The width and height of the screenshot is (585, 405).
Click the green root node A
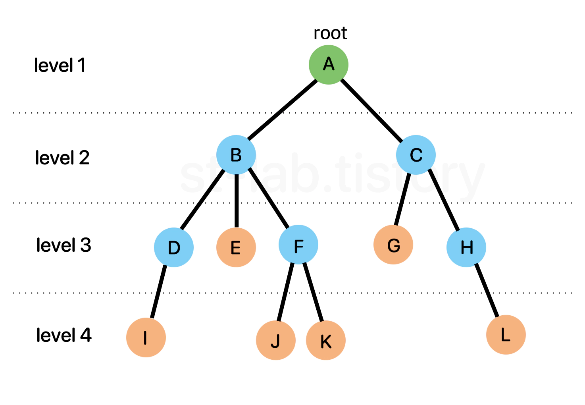coord(328,65)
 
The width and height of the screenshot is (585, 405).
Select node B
coord(236,155)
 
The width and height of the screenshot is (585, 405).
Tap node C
coord(416,155)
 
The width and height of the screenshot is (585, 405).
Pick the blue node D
coord(174,247)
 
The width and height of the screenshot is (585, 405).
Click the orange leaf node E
coord(236,247)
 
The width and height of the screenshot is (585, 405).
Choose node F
coord(298,245)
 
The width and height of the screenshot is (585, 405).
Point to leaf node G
coord(393,245)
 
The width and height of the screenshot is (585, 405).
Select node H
coord(466,247)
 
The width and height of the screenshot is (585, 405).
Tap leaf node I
coord(146,337)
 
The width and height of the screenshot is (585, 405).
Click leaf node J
coord(276,340)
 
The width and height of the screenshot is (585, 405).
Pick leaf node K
coord(326,340)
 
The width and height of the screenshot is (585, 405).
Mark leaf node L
coord(506,335)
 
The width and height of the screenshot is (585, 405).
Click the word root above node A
coord(330,33)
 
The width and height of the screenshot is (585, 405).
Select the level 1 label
coord(60,65)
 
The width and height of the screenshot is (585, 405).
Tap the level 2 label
coord(62,157)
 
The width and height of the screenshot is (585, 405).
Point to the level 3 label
coord(64,245)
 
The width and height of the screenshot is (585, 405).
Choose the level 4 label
coord(64,335)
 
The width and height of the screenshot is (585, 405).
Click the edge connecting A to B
coord(282,110)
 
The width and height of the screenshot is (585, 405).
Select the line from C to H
coord(444,200)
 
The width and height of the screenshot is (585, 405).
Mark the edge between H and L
coord(487,291)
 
